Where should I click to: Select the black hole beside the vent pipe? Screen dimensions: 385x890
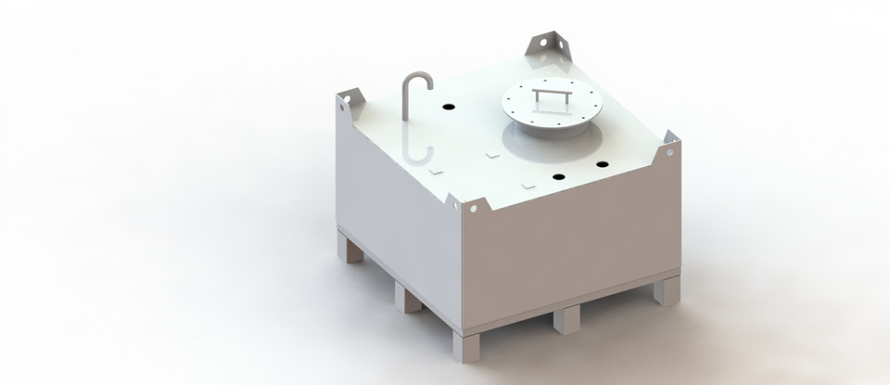pos(448,108)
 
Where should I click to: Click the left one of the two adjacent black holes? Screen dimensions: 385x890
pos(559,175)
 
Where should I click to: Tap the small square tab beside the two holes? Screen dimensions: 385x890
pos(529,186)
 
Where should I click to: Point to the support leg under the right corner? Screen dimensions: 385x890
pos(667,290)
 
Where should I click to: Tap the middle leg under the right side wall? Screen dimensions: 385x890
pos(566,318)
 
